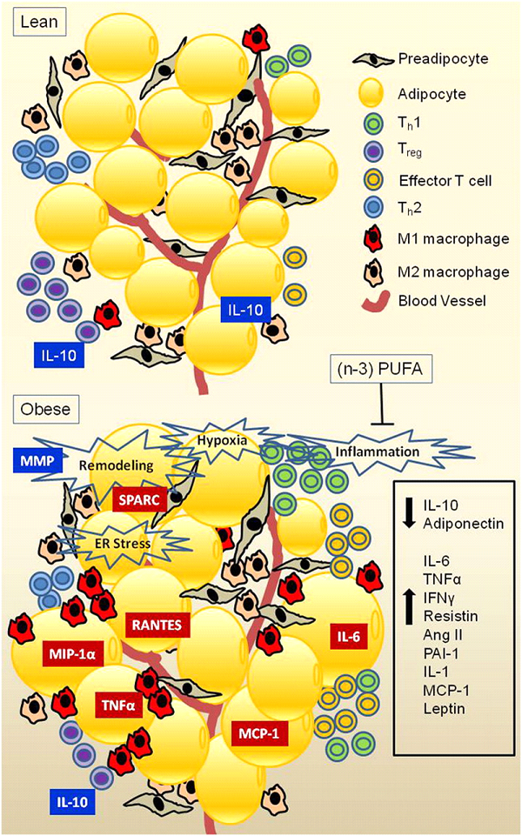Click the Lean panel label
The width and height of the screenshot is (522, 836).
click(40, 23)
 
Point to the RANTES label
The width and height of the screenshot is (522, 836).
click(157, 624)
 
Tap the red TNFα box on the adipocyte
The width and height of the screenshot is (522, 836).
click(118, 706)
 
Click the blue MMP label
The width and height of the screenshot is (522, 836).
click(38, 460)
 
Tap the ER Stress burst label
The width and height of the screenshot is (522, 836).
click(119, 544)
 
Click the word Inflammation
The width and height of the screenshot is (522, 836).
click(378, 451)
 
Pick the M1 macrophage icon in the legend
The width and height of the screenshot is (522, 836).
click(372, 237)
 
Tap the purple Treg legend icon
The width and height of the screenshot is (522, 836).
click(372, 152)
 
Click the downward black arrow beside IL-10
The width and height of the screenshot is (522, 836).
click(411, 513)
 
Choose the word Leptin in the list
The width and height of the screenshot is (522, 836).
click(445, 709)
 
